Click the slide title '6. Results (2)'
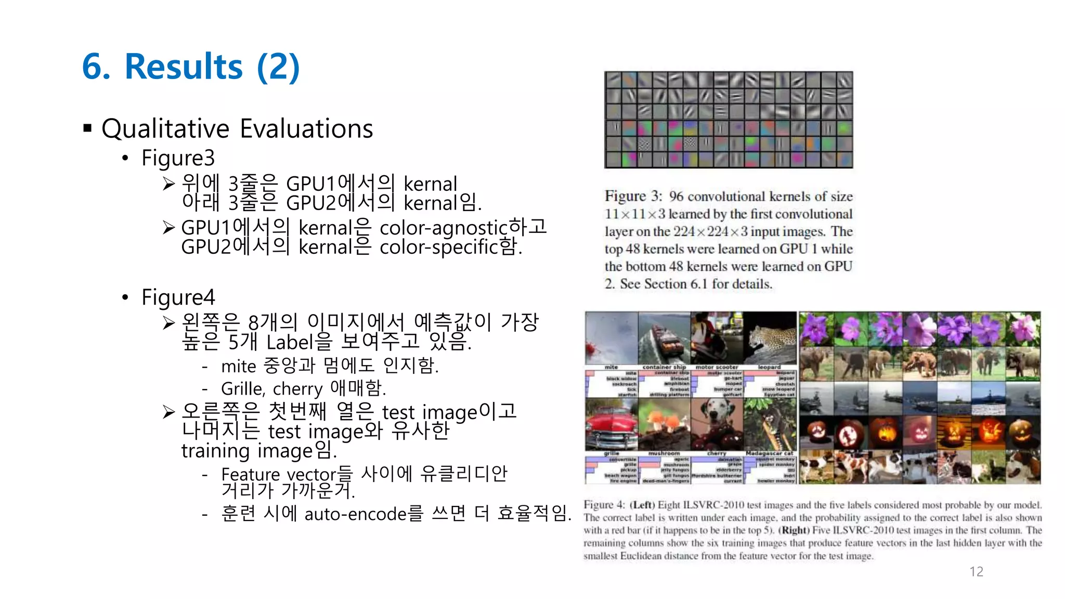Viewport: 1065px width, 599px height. pos(191,67)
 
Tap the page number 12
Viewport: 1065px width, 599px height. pos(976,571)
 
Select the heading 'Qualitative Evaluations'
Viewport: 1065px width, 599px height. pos(237,128)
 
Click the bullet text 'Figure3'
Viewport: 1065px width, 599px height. pos(178,158)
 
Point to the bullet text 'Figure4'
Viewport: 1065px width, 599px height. pos(178,297)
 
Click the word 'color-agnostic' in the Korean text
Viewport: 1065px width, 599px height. pos(443,228)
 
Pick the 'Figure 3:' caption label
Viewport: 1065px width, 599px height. pos(633,197)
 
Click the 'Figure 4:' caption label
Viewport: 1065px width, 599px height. pos(604,505)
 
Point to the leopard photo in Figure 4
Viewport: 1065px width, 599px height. pos(770,338)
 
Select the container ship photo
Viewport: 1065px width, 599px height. pos(664,338)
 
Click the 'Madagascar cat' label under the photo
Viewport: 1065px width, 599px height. pos(770,453)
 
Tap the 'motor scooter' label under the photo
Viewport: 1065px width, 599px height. pos(717,367)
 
